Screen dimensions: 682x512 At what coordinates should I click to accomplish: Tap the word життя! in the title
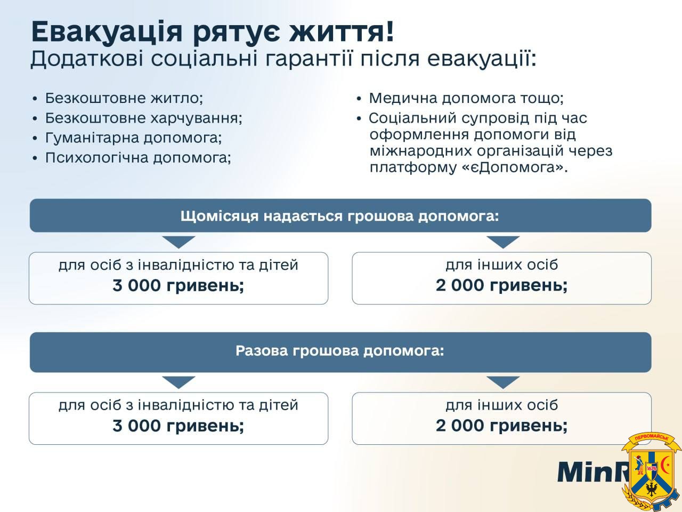(x=342, y=31)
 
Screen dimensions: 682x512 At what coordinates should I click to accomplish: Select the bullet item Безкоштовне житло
(x=124, y=98)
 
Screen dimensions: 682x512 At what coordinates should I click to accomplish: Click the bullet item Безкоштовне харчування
(x=143, y=118)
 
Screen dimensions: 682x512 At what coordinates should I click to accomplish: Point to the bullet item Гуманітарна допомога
(x=134, y=138)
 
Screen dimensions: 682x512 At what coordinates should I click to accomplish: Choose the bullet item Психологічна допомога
(x=138, y=158)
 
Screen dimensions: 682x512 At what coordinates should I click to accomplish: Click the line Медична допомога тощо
(x=466, y=98)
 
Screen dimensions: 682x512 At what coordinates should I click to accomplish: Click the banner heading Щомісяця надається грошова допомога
(x=339, y=216)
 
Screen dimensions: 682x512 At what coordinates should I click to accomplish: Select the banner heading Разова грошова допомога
(x=339, y=351)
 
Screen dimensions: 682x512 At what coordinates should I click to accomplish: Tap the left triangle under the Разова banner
(x=178, y=382)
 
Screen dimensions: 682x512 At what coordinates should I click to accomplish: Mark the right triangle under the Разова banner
(x=503, y=382)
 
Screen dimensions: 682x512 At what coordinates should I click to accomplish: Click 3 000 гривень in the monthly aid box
(x=178, y=285)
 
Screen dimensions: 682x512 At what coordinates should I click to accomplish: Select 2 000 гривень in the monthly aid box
(x=501, y=285)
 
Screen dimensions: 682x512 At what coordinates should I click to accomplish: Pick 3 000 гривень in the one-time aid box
(x=178, y=426)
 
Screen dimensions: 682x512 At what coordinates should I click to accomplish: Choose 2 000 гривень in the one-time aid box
(x=501, y=426)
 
